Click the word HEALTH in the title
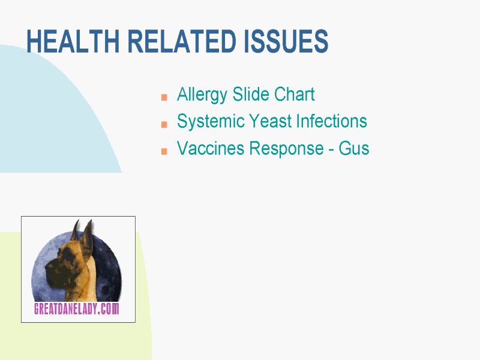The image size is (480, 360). click(x=73, y=41)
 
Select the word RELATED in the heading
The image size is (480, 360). click(x=182, y=41)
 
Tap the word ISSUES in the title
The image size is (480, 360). click(x=286, y=41)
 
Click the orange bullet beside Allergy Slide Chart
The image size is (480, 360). click(x=164, y=97)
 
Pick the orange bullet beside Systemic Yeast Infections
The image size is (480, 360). click(x=164, y=124)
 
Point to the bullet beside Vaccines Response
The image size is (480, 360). click(x=164, y=151)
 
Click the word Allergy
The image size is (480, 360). click(x=202, y=95)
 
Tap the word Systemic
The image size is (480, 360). click(x=211, y=122)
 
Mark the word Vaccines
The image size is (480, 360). click(x=211, y=148)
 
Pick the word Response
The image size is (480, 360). click(x=287, y=149)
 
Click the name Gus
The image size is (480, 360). click(x=353, y=148)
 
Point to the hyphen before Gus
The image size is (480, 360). click(x=331, y=150)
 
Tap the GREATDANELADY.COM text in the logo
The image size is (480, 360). click(x=77, y=308)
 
